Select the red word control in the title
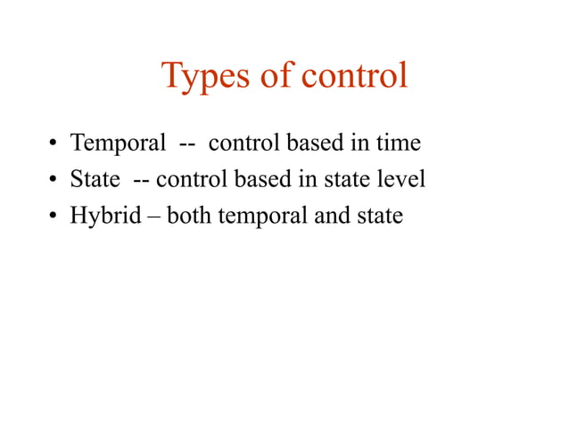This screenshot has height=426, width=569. pos(354,76)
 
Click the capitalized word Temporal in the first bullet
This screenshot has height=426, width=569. pos(119,143)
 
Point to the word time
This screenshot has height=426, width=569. pos(397,142)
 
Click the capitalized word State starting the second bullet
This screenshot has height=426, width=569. pos(95,179)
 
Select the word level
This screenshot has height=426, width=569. pos(403,179)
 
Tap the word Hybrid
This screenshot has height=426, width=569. pos(105,217)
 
